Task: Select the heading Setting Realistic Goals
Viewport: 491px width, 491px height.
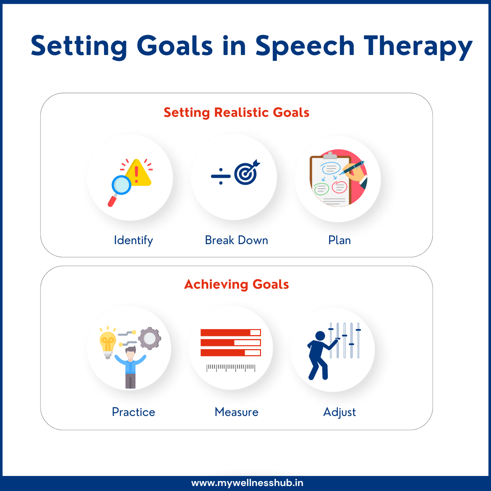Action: coord(236,112)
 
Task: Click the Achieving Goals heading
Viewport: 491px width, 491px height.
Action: coord(236,285)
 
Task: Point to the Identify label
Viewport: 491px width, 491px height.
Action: coord(133,240)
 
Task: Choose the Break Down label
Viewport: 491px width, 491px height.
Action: coord(236,240)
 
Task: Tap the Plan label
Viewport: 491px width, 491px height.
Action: coord(339,240)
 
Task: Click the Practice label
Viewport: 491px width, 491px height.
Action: coord(133,412)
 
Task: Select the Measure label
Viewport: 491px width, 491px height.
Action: coord(236,412)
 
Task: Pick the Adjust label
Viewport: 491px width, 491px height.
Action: coord(339,412)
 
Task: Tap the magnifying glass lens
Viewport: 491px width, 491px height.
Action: coord(121,185)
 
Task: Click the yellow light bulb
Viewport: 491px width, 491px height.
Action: coord(108,342)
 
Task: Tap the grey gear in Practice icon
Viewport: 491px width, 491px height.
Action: coord(149,338)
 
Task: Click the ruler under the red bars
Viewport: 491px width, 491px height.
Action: coord(230,367)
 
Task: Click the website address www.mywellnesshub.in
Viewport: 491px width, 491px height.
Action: coord(245,483)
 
